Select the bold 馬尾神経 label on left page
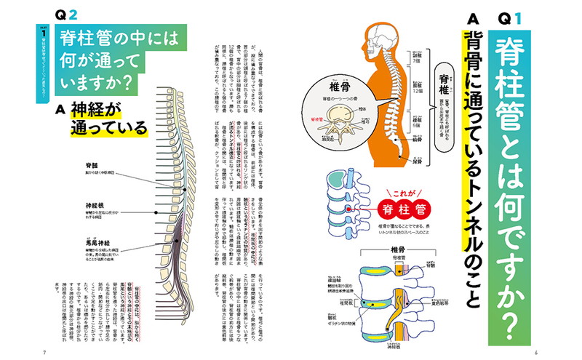[100, 241]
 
